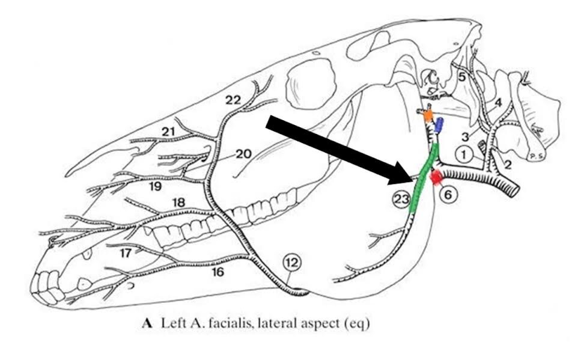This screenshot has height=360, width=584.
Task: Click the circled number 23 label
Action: [x=402, y=200]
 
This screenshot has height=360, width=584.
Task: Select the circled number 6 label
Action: [x=448, y=195]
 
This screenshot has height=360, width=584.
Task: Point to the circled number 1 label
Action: [x=464, y=154]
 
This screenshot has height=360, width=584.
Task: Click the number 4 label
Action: [x=498, y=102]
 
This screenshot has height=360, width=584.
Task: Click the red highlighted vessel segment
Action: [x=436, y=177]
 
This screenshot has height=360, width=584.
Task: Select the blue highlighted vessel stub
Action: [x=439, y=125]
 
